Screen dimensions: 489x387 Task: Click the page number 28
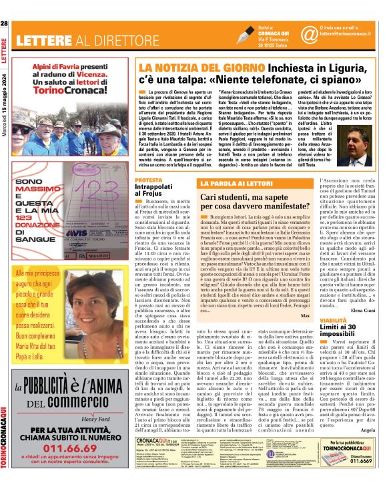pos(5,24)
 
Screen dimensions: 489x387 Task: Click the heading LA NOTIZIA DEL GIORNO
pos(180,68)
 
